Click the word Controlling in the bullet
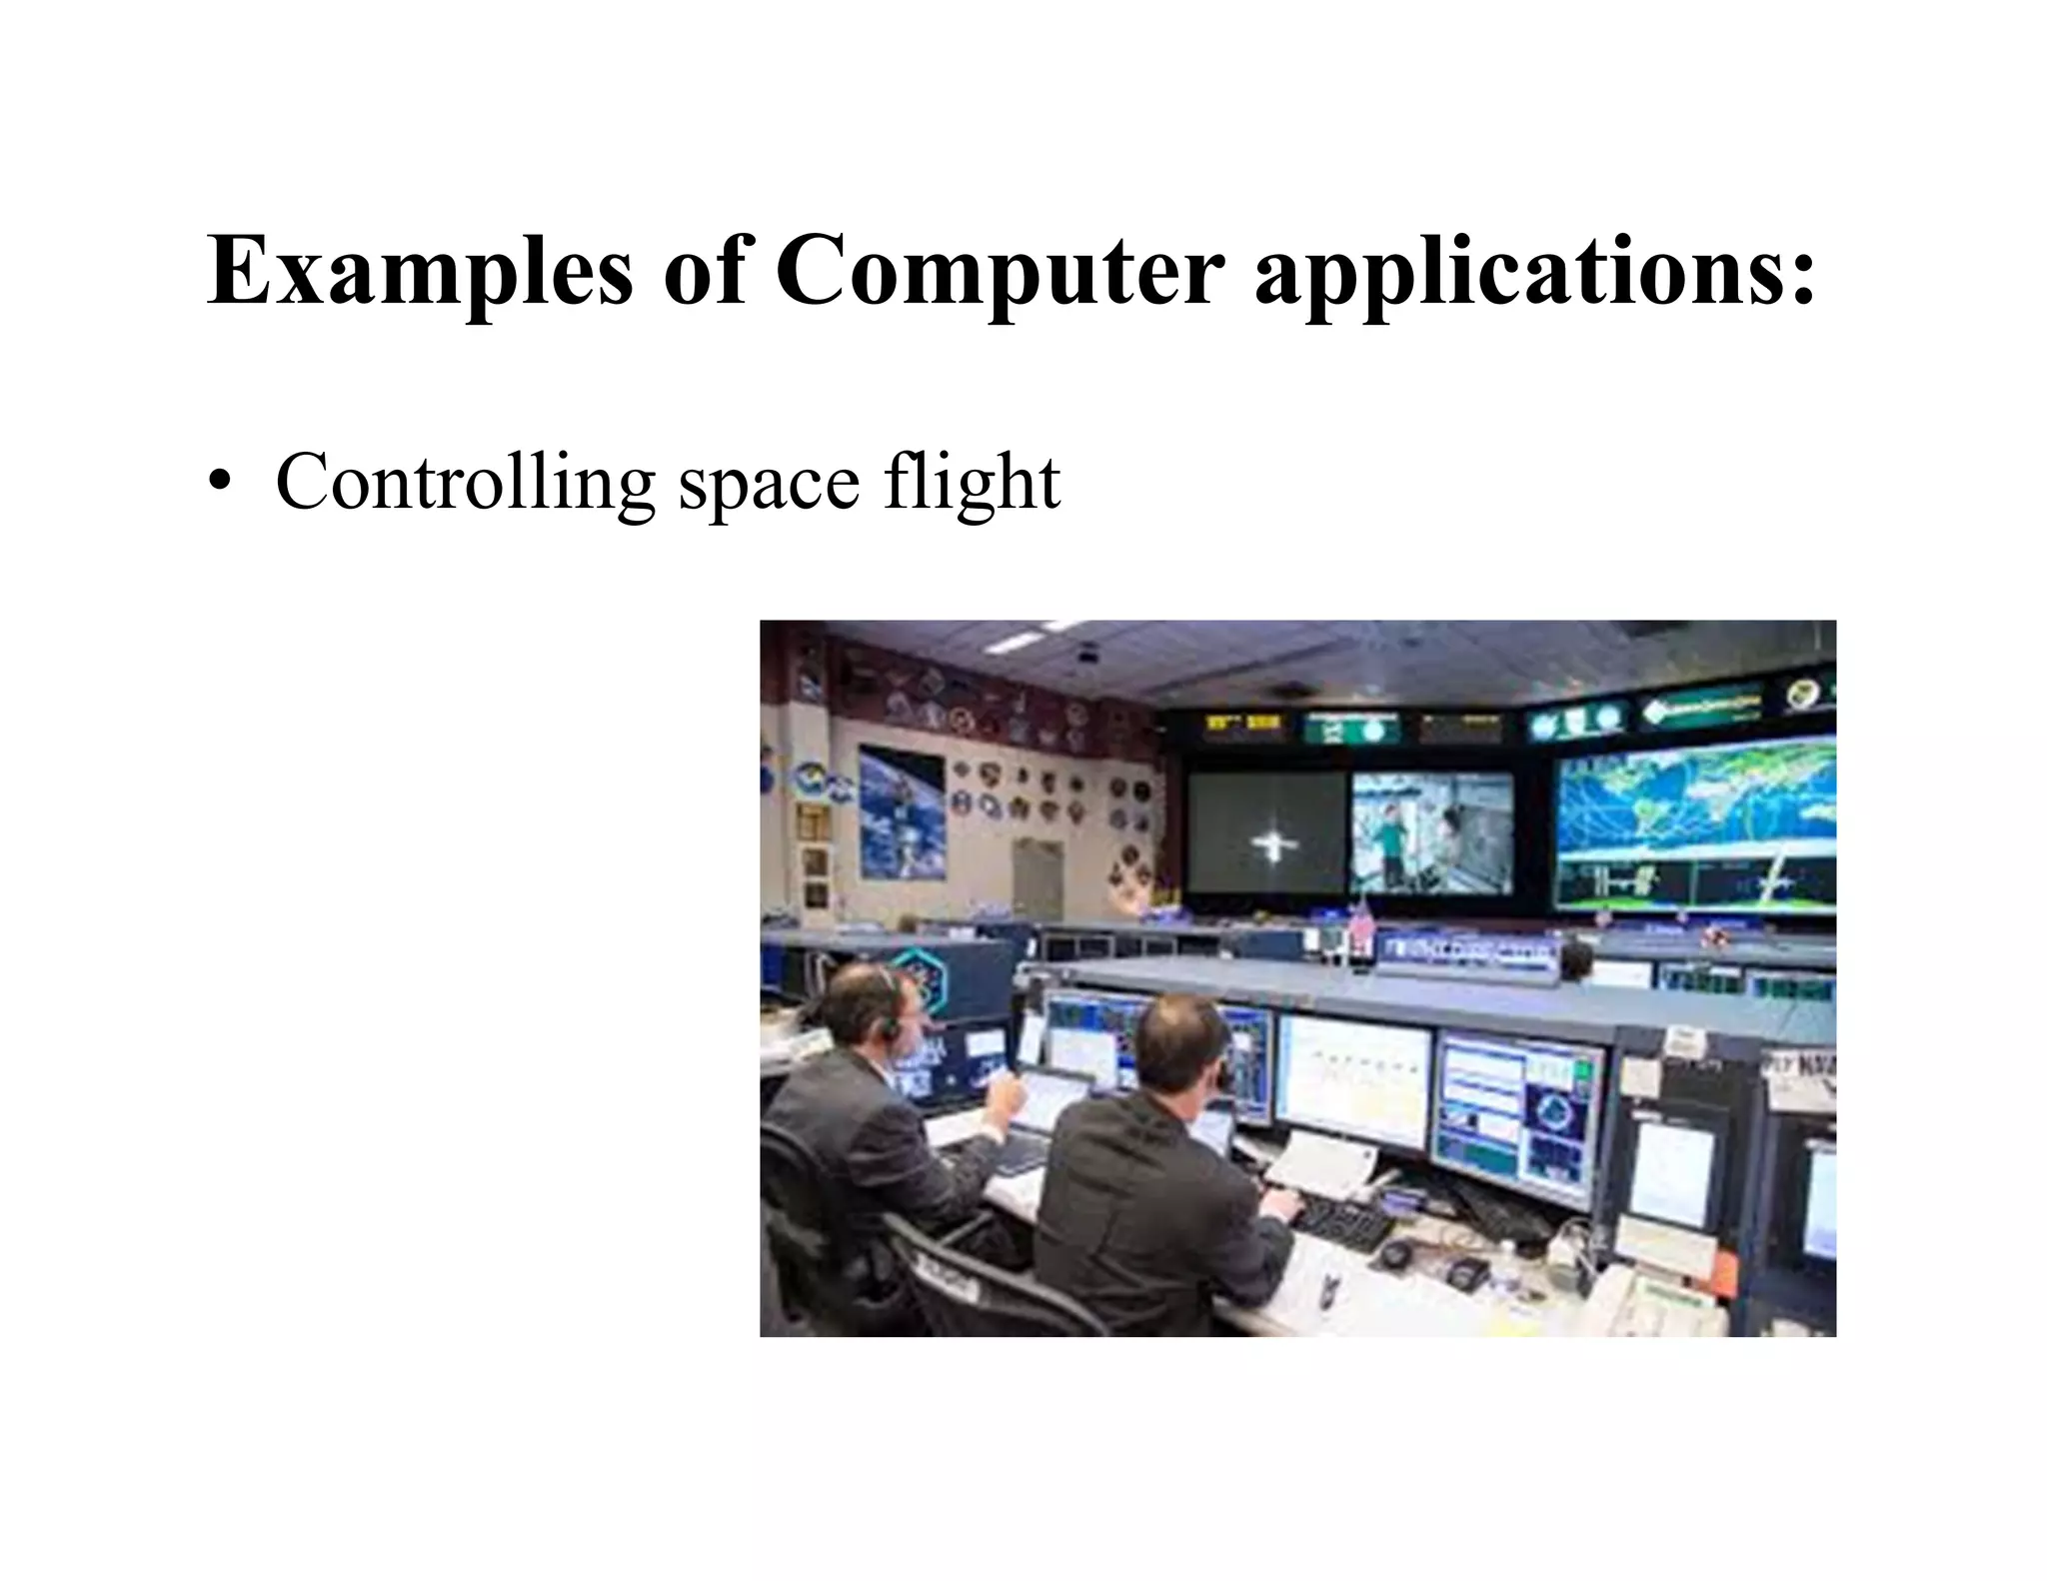tap(464, 484)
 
